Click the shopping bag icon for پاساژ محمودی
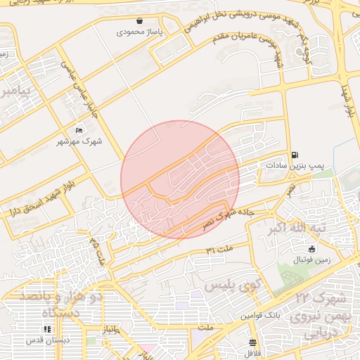click(139, 21)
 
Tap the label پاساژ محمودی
click(139, 32)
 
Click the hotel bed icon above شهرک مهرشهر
click(79, 130)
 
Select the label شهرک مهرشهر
click(79, 141)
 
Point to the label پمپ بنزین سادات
click(295, 165)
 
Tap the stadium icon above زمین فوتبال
click(312, 248)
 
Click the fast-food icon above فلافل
click(252, 342)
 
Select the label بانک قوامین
click(262, 316)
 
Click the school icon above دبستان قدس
click(47, 328)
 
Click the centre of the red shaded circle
click(180, 179)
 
